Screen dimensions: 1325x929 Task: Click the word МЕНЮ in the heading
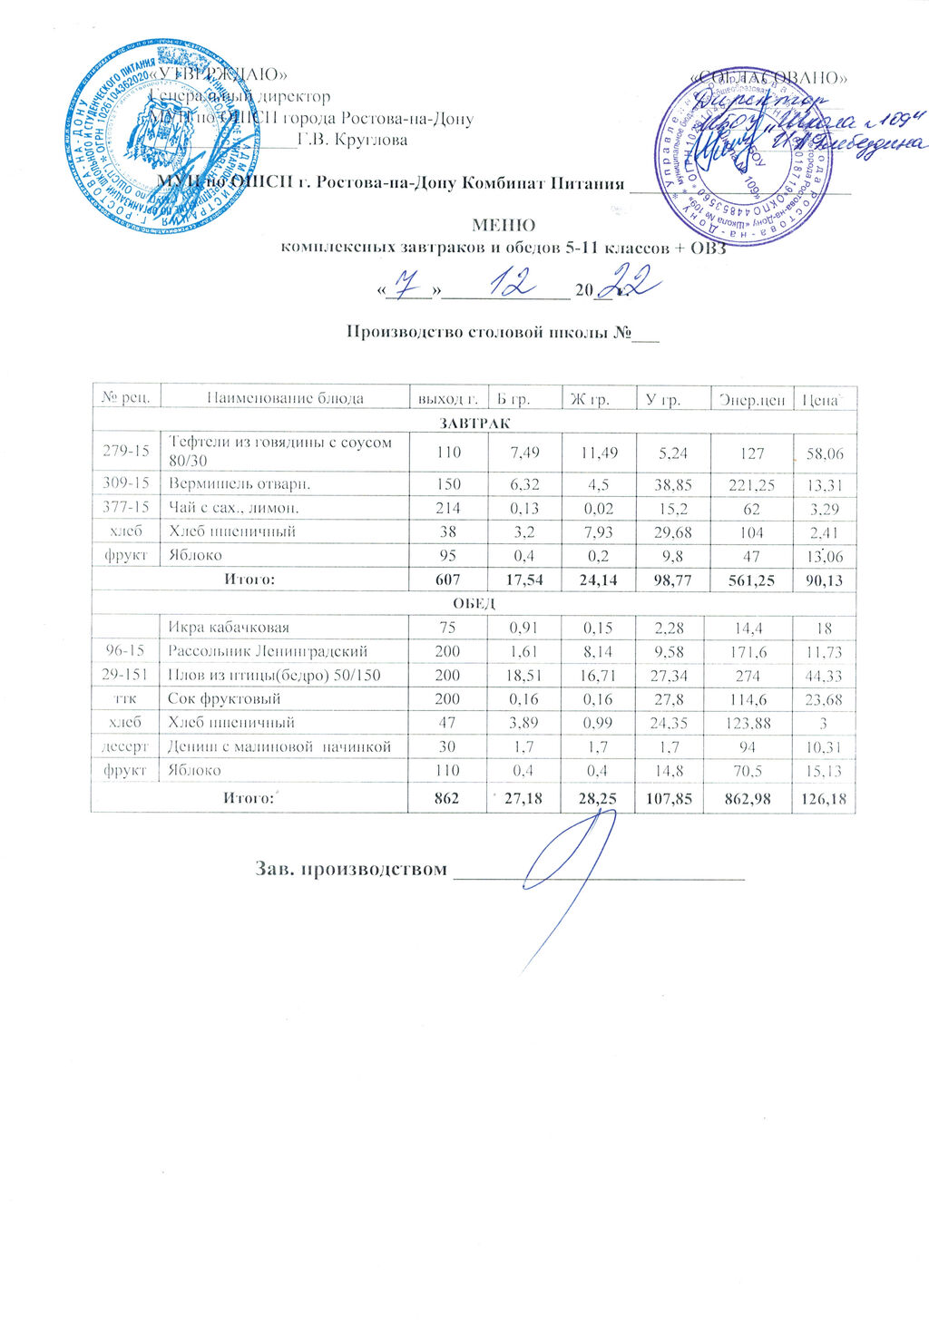pos(504,225)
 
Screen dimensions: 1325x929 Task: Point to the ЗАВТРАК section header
pos(474,423)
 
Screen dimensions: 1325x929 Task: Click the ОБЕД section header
pos(473,603)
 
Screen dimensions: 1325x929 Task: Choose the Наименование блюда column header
pos(285,398)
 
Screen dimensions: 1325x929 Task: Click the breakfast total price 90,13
pos(824,580)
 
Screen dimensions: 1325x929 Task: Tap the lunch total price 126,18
pos(824,799)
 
